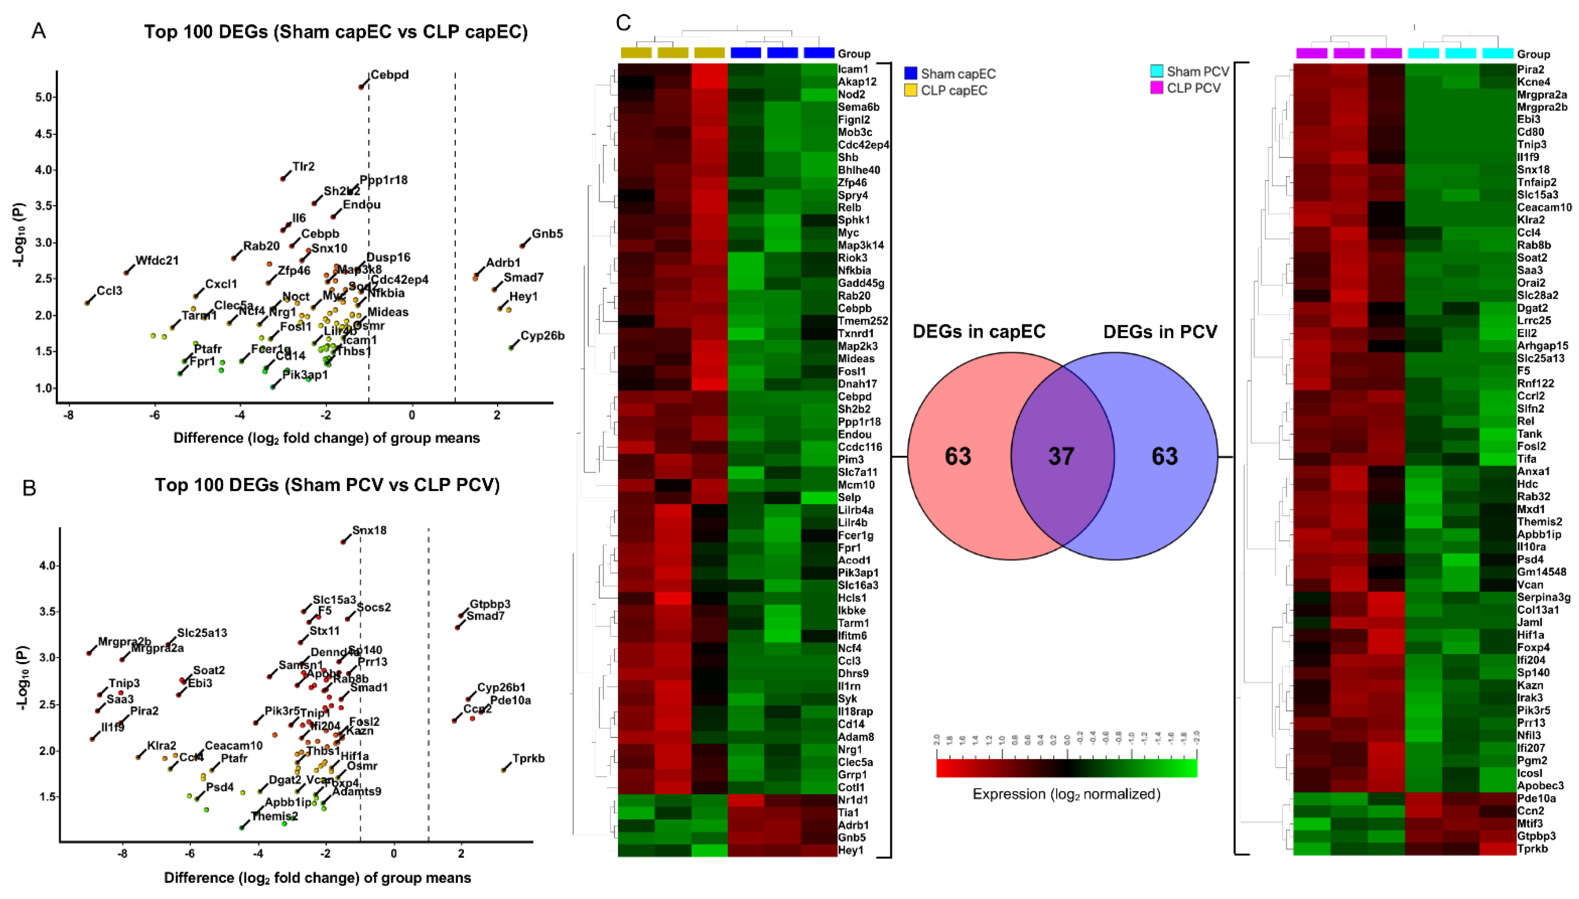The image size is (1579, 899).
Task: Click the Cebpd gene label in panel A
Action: click(x=390, y=75)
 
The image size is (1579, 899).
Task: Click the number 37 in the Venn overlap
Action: click(x=1061, y=456)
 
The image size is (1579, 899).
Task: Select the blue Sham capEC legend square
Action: click(x=910, y=73)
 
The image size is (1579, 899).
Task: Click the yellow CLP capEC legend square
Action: click(x=910, y=90)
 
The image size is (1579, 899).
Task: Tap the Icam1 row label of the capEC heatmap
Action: click(x=852, y=69)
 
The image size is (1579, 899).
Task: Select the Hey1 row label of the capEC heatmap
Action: click(x=851, y=850)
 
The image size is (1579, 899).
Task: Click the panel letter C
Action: click(x=624, y=23)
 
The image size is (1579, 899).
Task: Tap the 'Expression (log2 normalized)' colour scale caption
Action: click(x=1066, y=794)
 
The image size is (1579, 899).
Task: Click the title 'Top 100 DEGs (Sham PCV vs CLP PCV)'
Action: click(x=327, y=485)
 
